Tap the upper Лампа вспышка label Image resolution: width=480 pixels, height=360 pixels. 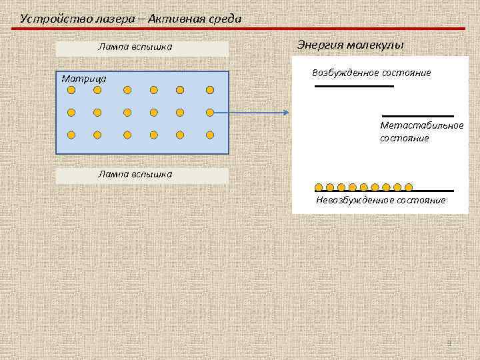tap(135, 47)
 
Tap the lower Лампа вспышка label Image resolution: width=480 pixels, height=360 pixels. tap(135, 174)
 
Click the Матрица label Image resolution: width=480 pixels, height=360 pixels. tap(84, 79)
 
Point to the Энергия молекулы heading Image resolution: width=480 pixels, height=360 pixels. tap(350, 45)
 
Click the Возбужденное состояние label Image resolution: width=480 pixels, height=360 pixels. tap(371, 72)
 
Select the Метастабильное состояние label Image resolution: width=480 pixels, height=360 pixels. tap(421, 131)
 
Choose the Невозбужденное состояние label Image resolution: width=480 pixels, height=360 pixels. tap(381, 200)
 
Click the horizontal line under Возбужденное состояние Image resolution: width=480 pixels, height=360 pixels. tap(354, 86)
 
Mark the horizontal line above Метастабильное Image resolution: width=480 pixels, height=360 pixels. tap(417, 116)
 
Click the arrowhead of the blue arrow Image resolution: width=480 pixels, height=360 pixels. tap(287, 113)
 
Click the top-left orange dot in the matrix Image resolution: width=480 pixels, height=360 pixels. tap(71, 89)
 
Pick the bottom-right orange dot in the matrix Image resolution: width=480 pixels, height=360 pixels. tap(209, 135)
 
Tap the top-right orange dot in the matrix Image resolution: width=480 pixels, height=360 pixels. tap(209, 89)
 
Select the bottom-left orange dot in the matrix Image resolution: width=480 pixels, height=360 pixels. tap(71, 135)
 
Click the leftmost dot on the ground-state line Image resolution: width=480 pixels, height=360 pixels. tap(319, 187)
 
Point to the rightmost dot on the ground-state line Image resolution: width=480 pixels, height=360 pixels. tap(409, 187)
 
